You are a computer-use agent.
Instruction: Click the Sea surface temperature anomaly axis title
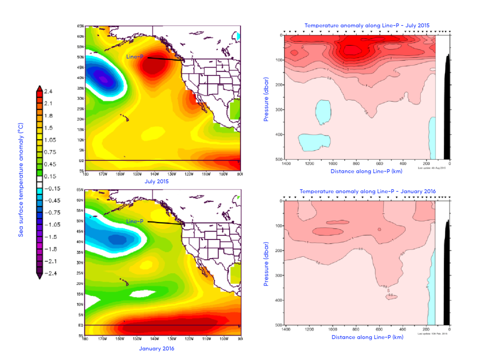click(x=21, y=183)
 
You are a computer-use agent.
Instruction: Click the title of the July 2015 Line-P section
click(x=367, y=25)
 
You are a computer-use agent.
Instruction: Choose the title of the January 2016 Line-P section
click(x=367, y=191)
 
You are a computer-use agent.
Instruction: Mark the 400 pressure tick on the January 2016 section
click(x=277, y=300)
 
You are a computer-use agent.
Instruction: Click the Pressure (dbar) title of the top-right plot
click(x=266, y=97)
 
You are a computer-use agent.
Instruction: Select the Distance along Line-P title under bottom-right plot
click(x=367, y=337)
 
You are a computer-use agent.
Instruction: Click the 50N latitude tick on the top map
click(x=80, y=57)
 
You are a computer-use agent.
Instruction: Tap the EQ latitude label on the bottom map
click(x=80, y=325)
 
